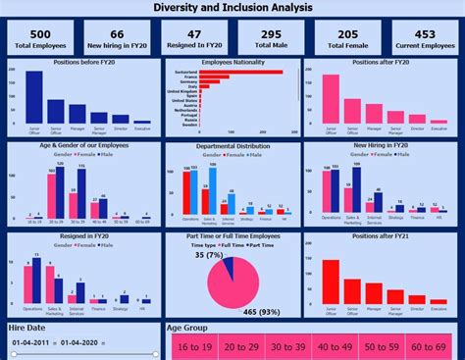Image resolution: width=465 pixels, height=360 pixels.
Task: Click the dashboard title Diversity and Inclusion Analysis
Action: point(232,8)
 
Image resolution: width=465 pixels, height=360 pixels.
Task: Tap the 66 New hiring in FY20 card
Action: point(116,37)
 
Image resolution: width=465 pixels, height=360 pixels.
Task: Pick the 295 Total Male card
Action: point(269,37)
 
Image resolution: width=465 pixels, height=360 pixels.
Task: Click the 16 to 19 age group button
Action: point(194,346)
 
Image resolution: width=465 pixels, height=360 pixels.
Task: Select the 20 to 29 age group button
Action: point(240,346)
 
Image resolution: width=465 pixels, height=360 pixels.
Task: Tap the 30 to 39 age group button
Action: point(287,346)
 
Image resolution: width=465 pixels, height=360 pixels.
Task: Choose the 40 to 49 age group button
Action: point(335,346)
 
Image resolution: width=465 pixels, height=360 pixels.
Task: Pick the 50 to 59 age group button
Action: point(381,346)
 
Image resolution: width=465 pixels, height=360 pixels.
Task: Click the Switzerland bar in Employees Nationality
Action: point(241,73)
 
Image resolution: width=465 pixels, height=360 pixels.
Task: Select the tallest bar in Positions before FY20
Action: point(34,97)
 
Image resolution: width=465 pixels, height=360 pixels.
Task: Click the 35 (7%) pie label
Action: point(209,255)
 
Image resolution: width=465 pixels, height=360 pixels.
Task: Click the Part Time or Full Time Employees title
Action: point(232,236)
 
